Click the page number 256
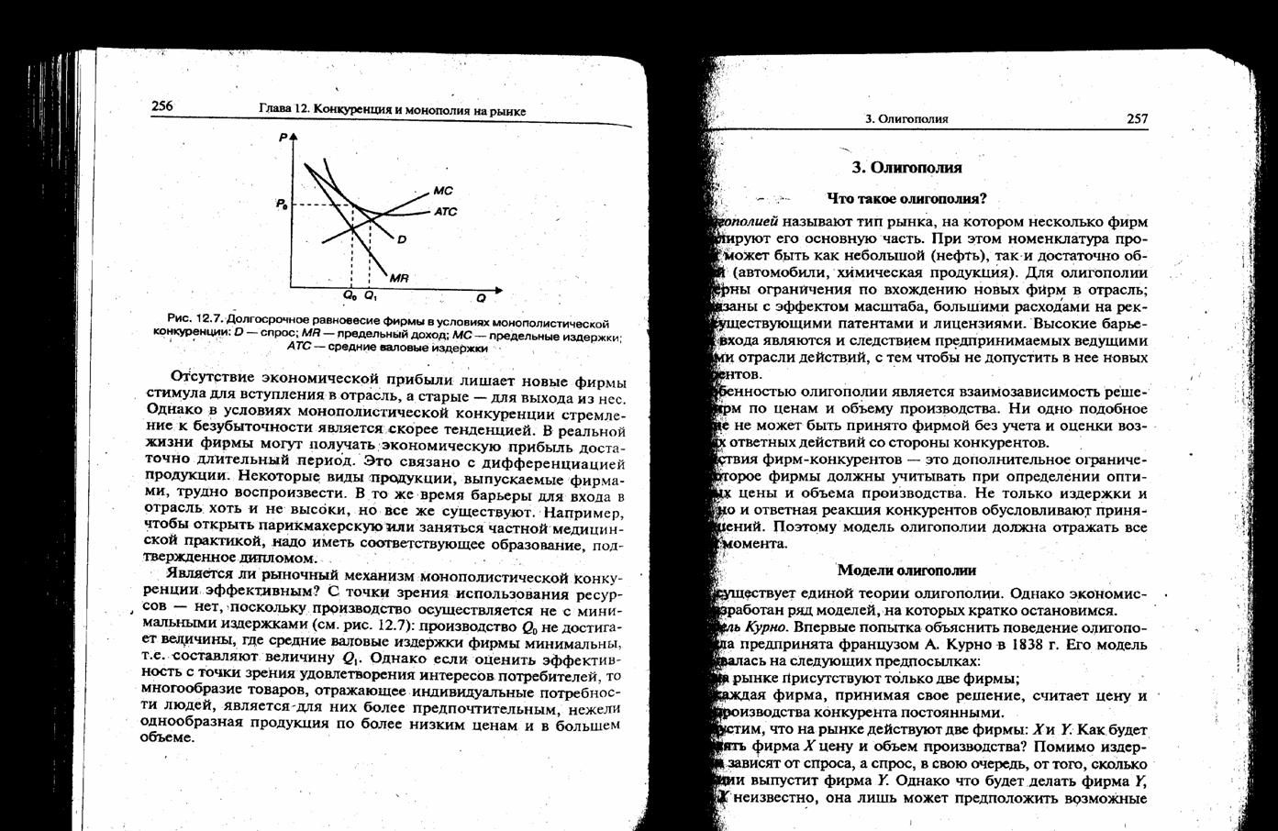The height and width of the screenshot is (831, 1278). [x=162, y=106]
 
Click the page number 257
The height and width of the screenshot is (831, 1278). [x=1137, y=118]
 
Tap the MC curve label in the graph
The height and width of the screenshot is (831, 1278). [x=443, y=192]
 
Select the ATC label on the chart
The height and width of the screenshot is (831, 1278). [x=446, y=212]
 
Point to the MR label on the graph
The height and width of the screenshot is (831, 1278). [x=399, y=278]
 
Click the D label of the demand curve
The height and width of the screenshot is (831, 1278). [x=402, y=240]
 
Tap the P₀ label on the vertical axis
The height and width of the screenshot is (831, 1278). [x=281, y=204]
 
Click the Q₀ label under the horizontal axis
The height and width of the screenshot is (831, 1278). [x=350, y=296]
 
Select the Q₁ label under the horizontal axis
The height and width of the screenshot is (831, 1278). [x=370, y=296]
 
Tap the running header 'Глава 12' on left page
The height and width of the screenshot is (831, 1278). [x=283, y=109]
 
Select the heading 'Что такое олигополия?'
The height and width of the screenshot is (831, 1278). [x=906, y=198]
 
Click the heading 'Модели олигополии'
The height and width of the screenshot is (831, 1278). [x=906, y=571]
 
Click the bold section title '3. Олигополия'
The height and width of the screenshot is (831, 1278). [x=906, y=168]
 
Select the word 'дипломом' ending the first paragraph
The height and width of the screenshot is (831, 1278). [x=279, y=558]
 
